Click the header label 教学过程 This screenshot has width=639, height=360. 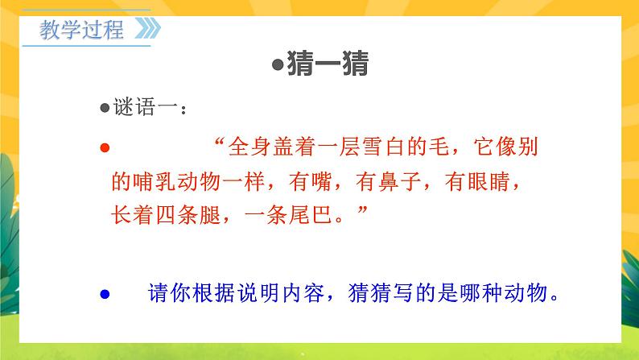[81, 31]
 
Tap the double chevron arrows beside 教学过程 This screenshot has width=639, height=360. [146, 31]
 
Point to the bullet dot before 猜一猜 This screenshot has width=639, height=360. [276, 65]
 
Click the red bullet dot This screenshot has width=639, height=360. [103, 148]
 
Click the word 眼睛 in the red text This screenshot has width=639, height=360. [504, 182]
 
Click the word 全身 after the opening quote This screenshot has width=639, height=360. [247, 148]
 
